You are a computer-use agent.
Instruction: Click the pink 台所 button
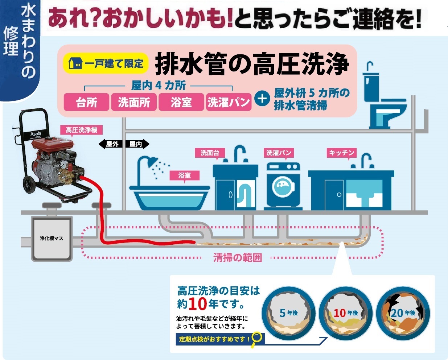click(x=86, y=102)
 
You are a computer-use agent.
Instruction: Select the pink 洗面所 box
click(x=134, y=102)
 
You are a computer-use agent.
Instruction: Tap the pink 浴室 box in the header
click(x=181, y=102)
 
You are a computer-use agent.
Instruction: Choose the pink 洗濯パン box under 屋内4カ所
click(x=229, y=102)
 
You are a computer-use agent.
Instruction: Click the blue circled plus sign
click(x=262, y=99)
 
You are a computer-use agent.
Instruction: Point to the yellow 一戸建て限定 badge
click(x=106, y=64)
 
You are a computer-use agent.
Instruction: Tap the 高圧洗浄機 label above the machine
click(x=82, y=130)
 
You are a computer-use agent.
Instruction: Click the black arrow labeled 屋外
click(x=110, y=144)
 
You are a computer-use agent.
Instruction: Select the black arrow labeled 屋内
click(x=137, y=144)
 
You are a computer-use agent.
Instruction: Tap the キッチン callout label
click(x=341, y=153)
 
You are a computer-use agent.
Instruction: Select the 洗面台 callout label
click(x=210, y=153)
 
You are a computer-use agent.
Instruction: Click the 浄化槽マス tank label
click(x=52, y=238)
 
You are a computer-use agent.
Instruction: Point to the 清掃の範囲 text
click(x=237, y=258)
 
